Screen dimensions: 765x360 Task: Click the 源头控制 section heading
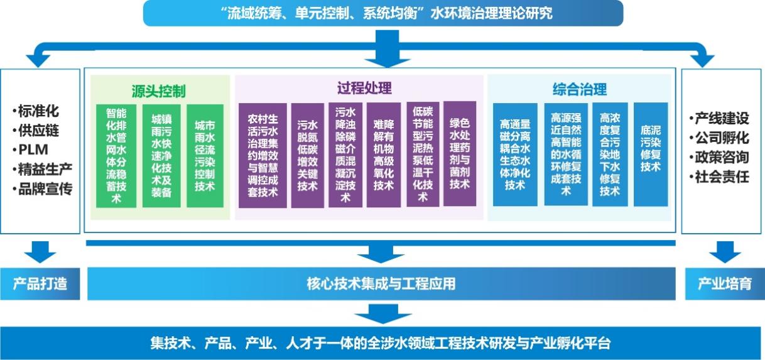pos(158,91)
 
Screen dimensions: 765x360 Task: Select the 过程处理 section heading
pos(364,88)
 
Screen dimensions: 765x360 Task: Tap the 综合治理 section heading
pos(580,89)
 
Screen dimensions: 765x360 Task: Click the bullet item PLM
pos(31,150)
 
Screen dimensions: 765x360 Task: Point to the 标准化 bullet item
pos(36,111)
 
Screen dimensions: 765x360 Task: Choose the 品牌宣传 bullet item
pos(42,188)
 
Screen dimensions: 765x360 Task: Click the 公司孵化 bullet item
pos(719,138)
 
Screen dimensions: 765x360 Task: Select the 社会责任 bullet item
pos(719,177)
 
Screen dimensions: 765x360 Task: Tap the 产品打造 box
pos(40,284)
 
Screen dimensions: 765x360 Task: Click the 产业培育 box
pos(725,284)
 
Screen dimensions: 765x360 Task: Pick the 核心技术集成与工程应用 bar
pos(381,283)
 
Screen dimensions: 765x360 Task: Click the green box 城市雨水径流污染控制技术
pos(205,156)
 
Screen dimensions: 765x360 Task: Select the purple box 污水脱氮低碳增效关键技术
pos(307,155)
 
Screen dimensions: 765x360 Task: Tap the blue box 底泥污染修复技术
pos(651,155)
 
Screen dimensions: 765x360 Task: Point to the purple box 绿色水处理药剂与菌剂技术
pos(460,154)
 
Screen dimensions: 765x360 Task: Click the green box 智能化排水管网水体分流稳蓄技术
pos(116,156)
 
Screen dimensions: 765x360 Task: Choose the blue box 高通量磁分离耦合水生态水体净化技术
pos(515,155)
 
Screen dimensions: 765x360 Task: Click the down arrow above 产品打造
pos(40,252)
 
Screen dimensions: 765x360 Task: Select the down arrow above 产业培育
pos(725,252)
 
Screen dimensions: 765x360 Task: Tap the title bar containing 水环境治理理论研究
pos(383,13)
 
